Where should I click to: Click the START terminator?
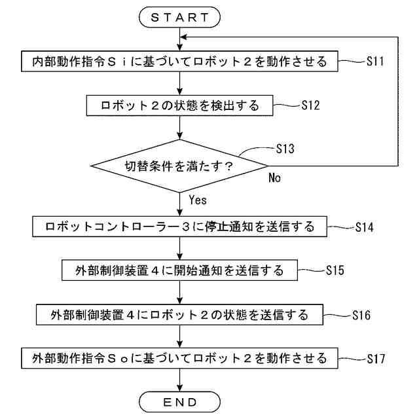pyautogui.click(x=179, y=18)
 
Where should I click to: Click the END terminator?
pyautogui.click(x=179, y=401)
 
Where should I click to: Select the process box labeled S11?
pyautogui.click(x=179, y=62)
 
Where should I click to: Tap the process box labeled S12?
pyautogui.click(x=179, y=104)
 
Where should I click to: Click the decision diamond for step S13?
pyautogui.click(x=179, y=166)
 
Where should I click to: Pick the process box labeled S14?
pyautogui.click(x=179, y=227)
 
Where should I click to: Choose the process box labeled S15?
pyautogui.click(x=179, y=269)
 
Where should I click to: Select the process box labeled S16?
pyautogui.click(x=179, y=315)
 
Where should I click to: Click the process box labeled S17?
pyautogui.click(x=179, y=358)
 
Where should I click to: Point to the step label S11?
pyautogui.click(x=375, y=62)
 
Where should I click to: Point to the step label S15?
pyautogui.click(x=335, y=269)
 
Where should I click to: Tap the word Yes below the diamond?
pyautogui.click(x=198, y=199)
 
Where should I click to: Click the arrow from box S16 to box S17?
pyautogui.click(x=179, y=337)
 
